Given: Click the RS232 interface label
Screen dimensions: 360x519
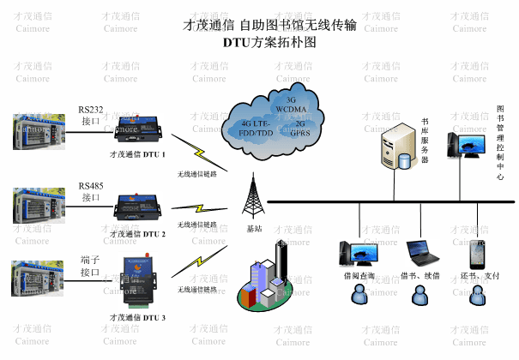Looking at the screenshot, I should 91,115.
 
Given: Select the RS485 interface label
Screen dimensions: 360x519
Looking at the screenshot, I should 91,191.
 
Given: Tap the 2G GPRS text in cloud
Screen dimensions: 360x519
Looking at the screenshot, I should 300,129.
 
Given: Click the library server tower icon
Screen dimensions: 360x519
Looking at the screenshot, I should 397,144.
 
